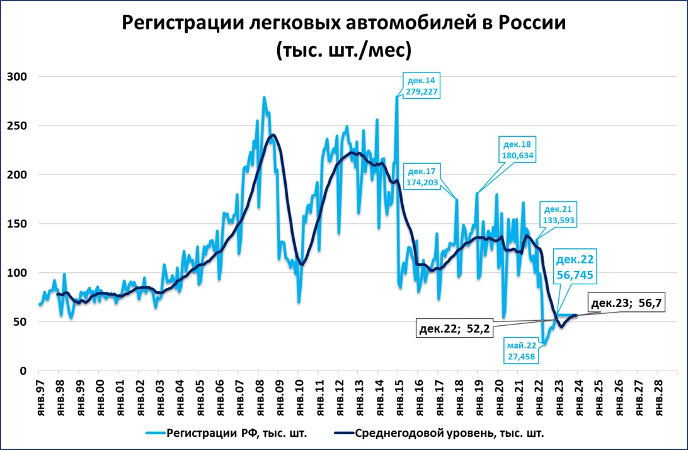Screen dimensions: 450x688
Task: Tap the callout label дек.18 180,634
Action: pos(518,149)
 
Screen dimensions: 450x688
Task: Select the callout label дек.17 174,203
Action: pos(421,176)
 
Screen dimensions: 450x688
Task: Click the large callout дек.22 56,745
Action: pos(574,267)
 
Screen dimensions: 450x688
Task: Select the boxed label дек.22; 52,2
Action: pos(454,327)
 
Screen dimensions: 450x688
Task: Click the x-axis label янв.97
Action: pos(39,394)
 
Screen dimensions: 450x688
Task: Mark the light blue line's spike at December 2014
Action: pos(397,96)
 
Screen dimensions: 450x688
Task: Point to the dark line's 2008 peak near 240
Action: pos(273,135)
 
